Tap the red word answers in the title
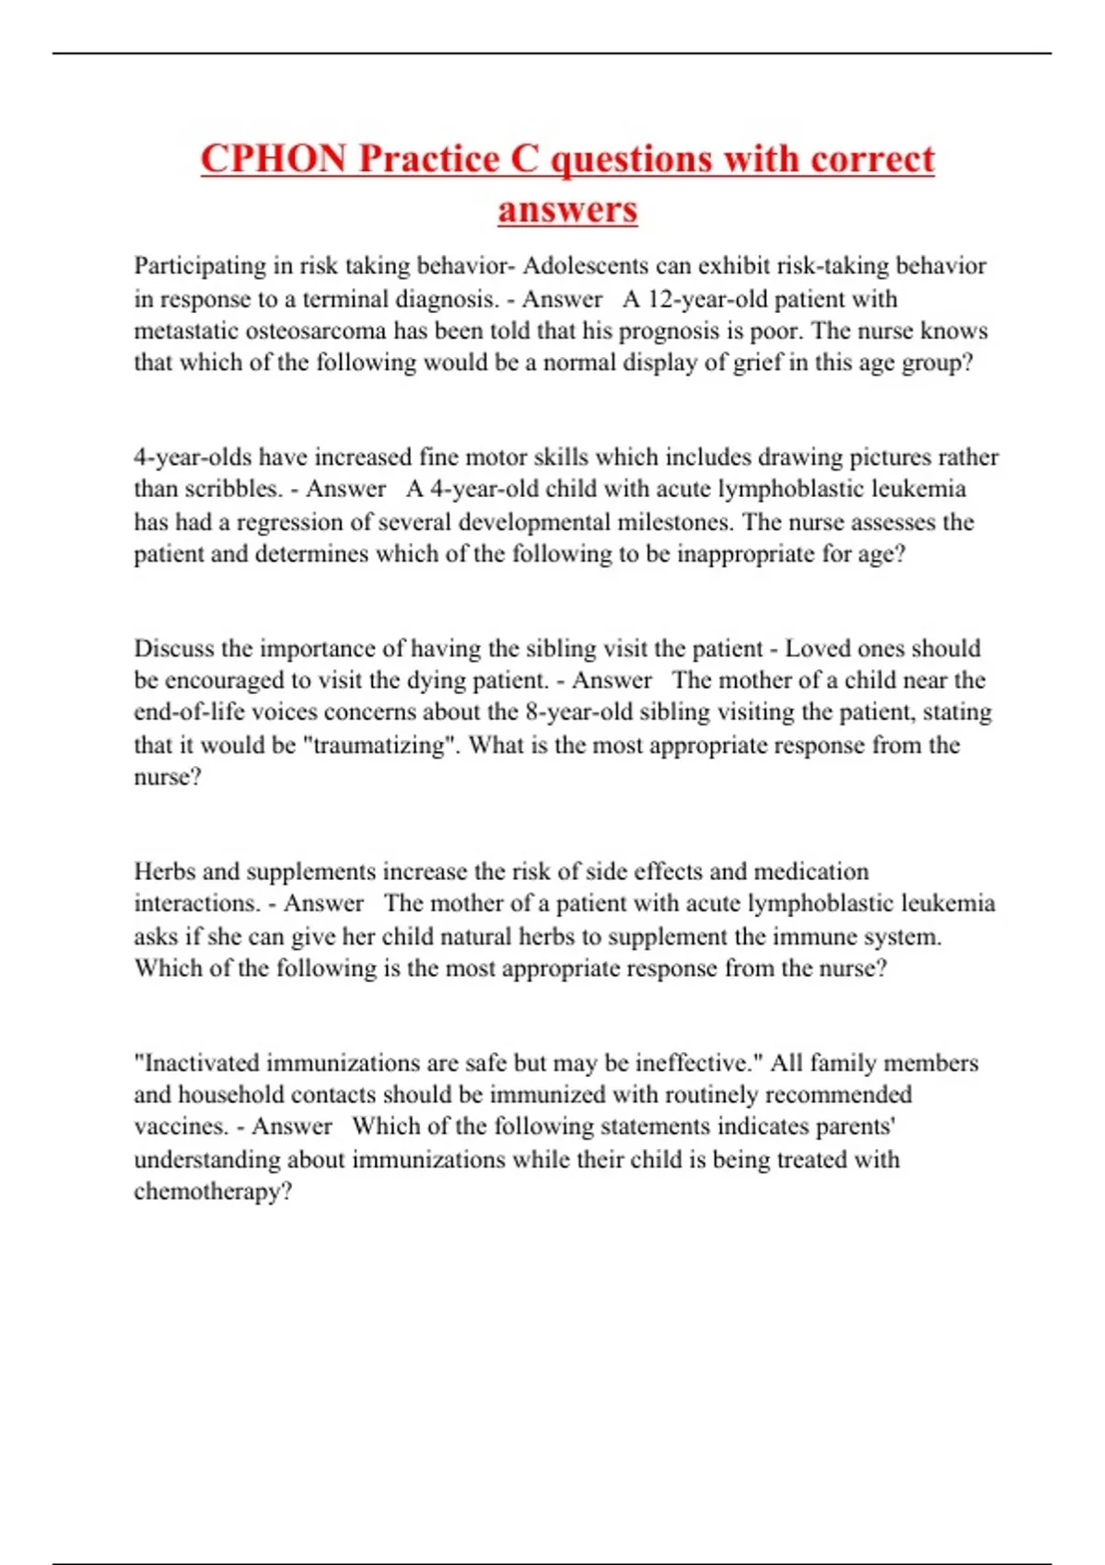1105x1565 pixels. (x=567, y=209)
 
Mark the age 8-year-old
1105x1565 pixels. (x=579, y=712)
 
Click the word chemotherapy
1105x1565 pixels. (x=212, y=1191)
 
